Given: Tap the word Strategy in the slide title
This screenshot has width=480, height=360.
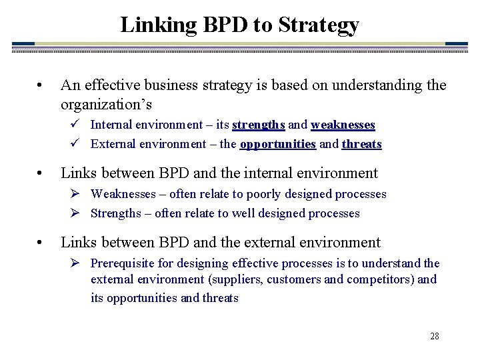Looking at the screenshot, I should (x=319, y=25).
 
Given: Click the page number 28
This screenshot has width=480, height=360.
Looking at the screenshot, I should (x=434, y=336).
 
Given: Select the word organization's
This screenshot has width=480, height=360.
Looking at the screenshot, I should (x=107, y=104).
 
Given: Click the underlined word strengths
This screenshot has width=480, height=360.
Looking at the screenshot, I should (x=259, y=125).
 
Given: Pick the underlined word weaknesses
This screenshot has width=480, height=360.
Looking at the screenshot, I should (x=343, y=125).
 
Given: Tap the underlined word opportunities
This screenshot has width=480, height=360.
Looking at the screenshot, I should (x=277, y=144).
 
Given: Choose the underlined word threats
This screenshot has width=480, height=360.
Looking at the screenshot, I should (x=361, y=144).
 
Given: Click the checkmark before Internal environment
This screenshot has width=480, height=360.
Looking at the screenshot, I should (x=76, y=124).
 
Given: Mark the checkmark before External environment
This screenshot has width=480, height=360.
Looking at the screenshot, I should (x=76, y=143).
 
